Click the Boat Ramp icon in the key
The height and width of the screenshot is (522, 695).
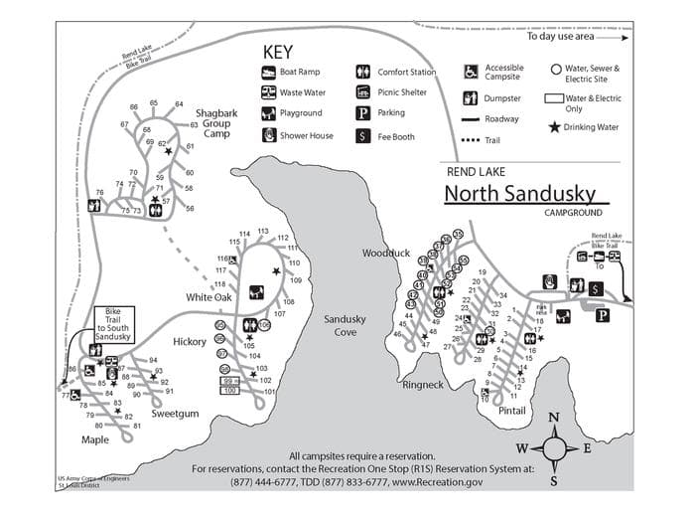coord(268,73)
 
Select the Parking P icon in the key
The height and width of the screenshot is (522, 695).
coord(363,113)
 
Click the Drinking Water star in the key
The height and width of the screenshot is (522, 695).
coord(553,127)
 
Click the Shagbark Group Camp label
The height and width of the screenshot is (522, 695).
coord(217,123)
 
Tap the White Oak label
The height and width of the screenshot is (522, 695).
coord(208,297)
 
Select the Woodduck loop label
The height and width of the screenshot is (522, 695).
coord(385,254)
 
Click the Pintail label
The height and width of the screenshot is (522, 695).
coord(512,409)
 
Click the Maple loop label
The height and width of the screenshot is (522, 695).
coord(95,438)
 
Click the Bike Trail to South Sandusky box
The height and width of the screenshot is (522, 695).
coord(112,325)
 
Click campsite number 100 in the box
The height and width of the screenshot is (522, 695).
coord(229,390)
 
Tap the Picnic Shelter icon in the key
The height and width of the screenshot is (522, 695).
coord(363,92)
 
